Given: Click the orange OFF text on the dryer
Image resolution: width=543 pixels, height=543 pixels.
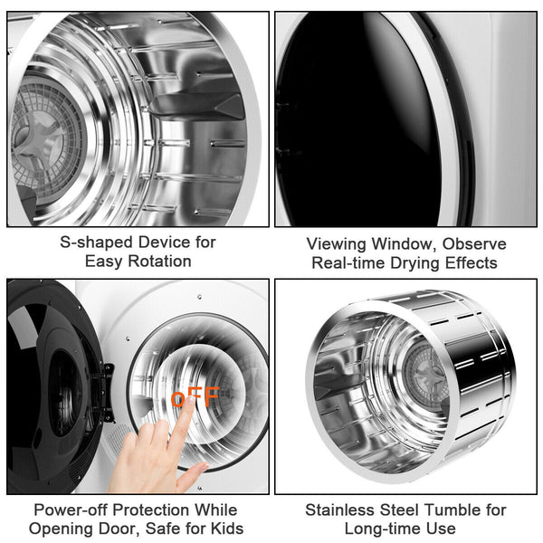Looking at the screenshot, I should click(x=195, y=396).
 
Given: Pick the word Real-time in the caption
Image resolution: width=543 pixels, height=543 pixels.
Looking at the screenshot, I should click(x=347, y=263).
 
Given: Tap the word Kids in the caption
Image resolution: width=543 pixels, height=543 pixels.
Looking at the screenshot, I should click(x=224, y=529).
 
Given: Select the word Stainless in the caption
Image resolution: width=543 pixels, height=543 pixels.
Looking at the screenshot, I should click(x=339, y=510).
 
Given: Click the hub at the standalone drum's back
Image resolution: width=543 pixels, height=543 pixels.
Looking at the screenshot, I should click(x=424, y=374).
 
